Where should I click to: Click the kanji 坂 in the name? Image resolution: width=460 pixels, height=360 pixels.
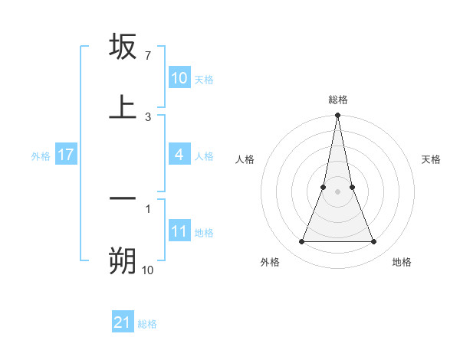(123, 47)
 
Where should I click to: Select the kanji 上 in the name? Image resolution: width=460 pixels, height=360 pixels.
(123, 107)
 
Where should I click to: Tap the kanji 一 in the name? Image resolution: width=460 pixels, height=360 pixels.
(123, 198)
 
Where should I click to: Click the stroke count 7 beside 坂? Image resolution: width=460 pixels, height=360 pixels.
(148, 56)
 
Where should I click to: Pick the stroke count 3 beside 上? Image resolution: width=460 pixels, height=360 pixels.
(148, 116)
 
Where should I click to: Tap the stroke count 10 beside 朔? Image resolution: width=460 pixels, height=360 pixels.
(148, 270)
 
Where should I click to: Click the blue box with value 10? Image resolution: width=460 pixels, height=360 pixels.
(179, 78)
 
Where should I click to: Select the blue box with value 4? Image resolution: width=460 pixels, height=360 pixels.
(179, 155)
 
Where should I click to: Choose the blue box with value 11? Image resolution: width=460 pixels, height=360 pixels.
(179, 231)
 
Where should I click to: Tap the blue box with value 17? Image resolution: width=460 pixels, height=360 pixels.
(66, 155)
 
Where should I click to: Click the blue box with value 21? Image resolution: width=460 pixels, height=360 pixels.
(123, 322)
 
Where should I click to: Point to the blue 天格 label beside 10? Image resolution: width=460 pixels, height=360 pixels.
(204, 80)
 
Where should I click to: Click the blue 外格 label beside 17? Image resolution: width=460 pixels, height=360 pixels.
(41, 156)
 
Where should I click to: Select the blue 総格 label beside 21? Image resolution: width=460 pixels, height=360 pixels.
(147, 324)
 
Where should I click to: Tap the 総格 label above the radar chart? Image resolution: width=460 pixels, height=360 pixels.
(337, 100)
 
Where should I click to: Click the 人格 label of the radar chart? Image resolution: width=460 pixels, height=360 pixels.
(245, 159)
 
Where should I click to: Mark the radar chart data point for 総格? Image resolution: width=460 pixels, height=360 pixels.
(337, 116)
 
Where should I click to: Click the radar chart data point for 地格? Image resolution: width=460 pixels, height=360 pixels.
(374, 242)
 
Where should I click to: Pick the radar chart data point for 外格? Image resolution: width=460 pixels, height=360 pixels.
(301, 242)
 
